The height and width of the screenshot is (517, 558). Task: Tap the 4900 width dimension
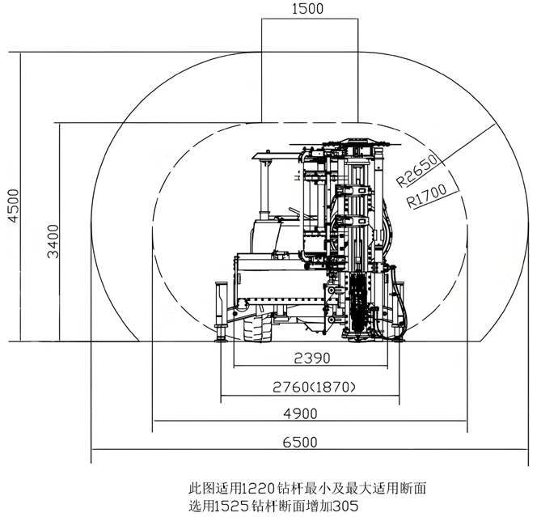pos(311,413)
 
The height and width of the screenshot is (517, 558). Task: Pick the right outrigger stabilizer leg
pos(398,311)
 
